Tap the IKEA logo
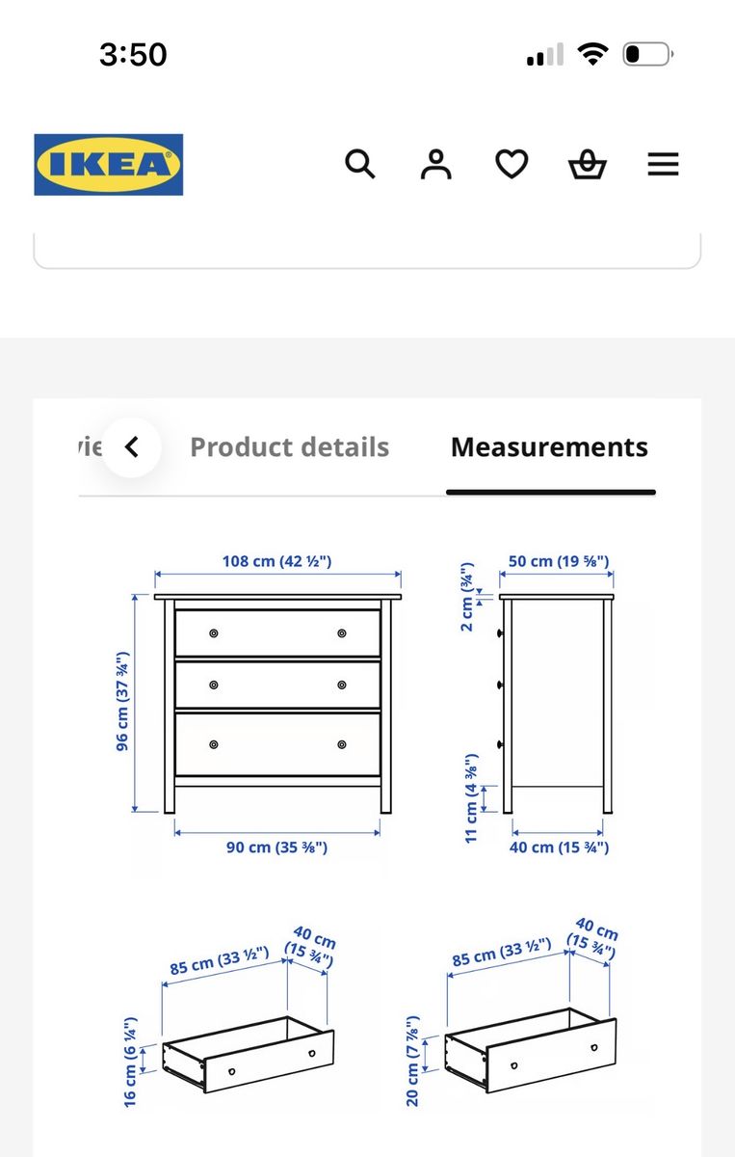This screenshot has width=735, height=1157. click(x=109, y=165)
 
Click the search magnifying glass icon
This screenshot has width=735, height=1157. click(x=359, y=164)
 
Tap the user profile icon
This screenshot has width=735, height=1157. click(x=436, y=164)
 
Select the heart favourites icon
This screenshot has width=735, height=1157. click(x=512, y=164)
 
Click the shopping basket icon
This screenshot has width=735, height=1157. click(x=588, y=164)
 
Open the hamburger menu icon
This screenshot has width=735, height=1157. click(x=664, y=164)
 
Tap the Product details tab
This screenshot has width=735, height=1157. click(x=290, y=447)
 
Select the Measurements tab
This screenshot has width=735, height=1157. click(x=550, y=447)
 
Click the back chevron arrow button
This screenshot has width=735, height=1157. click(x=132, y=447)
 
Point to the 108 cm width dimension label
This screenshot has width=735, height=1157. click(x=276, y=561)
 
